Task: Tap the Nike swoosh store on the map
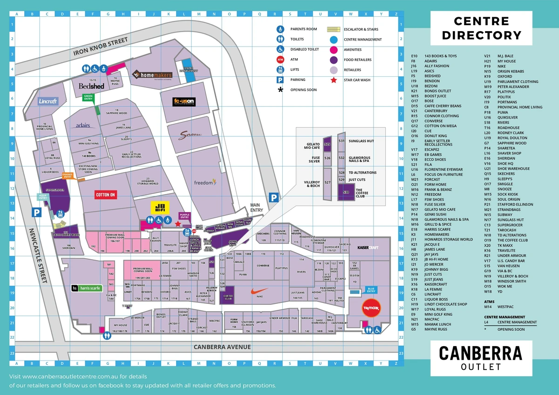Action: coord(259,292)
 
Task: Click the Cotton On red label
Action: coord(105,194)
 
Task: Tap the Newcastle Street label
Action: coord(38,256)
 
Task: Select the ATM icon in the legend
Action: coord(280,60)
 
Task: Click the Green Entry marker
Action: coord(88,97)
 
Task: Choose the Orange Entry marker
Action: coord(68,176)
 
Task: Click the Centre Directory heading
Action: coord(481,28)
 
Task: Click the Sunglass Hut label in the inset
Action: coord(361,141)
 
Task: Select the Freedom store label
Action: coord(205,182)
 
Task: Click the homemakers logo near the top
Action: coord(151,74)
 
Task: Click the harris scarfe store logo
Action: coord(86,288)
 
